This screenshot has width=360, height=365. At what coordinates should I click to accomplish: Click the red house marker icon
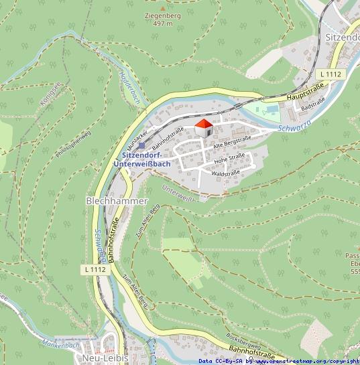pos(203,127)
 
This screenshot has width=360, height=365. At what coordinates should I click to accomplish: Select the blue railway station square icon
pos(141,145)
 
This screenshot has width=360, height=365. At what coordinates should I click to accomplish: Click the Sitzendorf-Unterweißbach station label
pos(141,159)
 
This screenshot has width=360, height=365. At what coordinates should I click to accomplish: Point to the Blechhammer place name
pos(117,200)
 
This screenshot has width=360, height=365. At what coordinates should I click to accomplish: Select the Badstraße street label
pos(313,104)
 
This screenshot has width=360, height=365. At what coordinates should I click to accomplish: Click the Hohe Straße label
pos(229,159)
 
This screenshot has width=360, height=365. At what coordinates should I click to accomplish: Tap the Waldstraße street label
pos(226,173)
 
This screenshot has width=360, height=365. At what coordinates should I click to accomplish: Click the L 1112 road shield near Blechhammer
pos(95,269)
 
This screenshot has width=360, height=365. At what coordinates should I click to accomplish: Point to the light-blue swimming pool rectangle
pos(270,108)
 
